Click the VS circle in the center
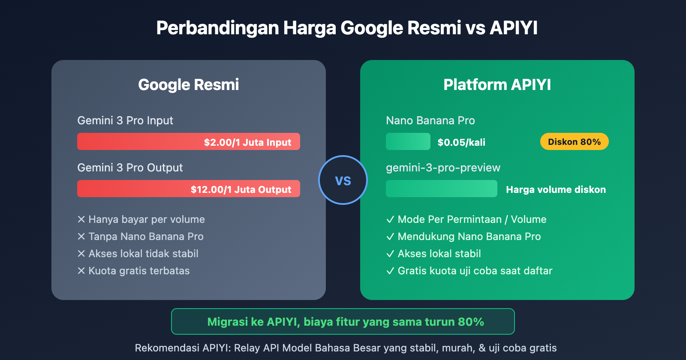[343, 180]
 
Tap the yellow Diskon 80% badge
[574, 142]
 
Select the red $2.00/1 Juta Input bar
[189, 142]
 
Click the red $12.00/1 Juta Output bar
[189, 189]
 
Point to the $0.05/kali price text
[461, 142]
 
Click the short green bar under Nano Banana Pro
[408, 142]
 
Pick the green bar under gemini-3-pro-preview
[441, 189]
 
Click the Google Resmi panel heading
[189, 85]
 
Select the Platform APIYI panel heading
[497, 85]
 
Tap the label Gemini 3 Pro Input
[125, 120]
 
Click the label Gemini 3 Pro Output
[130, 168]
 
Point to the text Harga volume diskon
[556, 189]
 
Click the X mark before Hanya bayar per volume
[81, 219]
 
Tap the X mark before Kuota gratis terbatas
[81, 271]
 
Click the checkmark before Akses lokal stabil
[390, 254]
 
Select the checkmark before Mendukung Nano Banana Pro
[390, 237]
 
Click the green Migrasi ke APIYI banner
[343, 321]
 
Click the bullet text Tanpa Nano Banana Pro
[146, 237]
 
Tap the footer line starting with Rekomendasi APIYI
[346, 348]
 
